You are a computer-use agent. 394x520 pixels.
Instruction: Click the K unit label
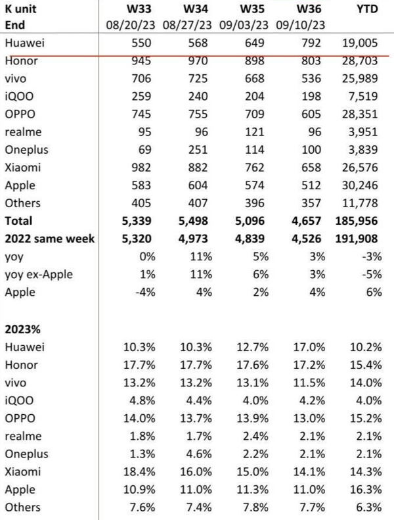(22, 11)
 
